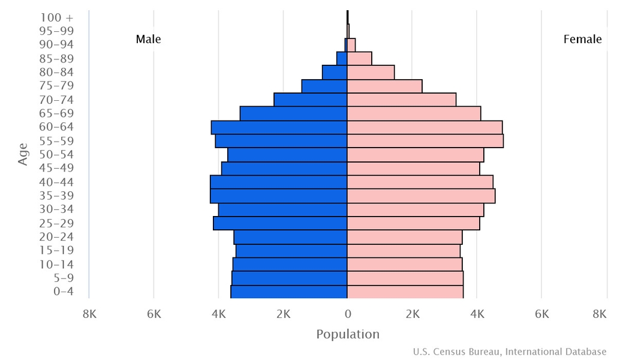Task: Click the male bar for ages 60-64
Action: pyautogui.click(x=279, y=128)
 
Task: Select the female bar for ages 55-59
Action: pyautogui.click(x=425, y=141)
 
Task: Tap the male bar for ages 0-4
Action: pyautogui.click(x=289, y=292)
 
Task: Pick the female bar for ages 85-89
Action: pyautogui.click(x=360, y=59)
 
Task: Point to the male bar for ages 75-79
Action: pyautogui.click(x=324, y=86)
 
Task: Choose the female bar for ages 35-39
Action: pyautogui.click(x=421, y=196)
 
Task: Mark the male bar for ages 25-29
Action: pyautogui.click(x=281, y=223)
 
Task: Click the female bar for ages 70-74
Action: pyautogui.click(x=402, y=100)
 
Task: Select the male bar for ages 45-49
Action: pyautogui.click(x=285, y=169)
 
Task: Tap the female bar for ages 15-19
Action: pyautogui.click(x=404, y=251)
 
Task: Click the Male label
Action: pyautogui.click(x=148, y=40)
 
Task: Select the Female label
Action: pyautogui.click(x=582, y=40)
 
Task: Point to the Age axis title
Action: pyautogui.click(x=23, y=154)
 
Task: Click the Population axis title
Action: pyautogui.click(x=348, y=335)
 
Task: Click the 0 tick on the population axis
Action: pyautogui.click(x=348, y=314)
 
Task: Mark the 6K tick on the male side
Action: pyautogui.click(x=154, y=314)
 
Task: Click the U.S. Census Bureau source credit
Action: pyautogui.click(x=509, y=352)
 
